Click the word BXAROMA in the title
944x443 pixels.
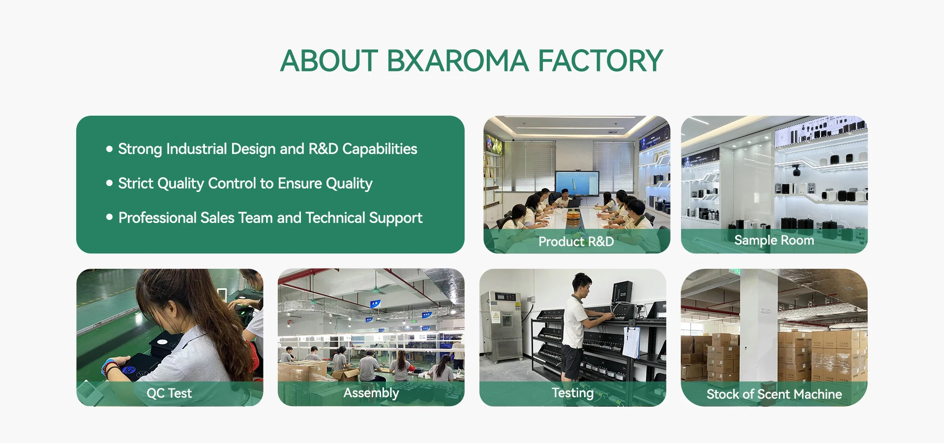coord(458,61)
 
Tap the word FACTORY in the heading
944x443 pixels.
coord(601,61)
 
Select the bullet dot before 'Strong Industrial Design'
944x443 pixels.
coord(109,149)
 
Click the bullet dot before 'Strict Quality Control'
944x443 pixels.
coord(109,183)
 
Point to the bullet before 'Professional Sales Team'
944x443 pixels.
coord(109,217)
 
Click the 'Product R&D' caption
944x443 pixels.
coord(576,241)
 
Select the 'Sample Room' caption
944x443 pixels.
coord(774,241)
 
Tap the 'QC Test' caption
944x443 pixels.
coord(169,393)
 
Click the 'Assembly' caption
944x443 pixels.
coord(371,393)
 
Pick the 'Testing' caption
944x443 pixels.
coord(572,393)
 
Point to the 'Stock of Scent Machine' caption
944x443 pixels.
coord(774,394)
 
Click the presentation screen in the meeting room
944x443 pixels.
coord(577,183)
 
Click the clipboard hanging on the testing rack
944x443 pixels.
coord(631,342)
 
